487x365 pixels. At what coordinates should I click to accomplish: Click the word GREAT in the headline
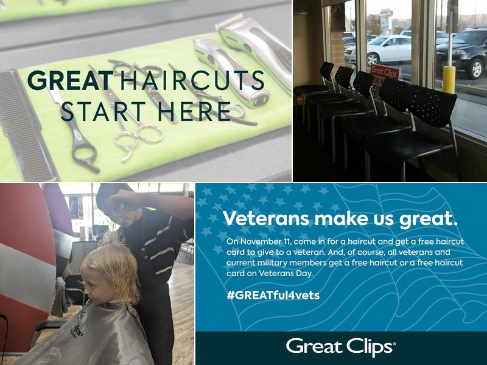coord(70,81)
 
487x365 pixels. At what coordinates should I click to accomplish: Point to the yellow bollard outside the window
coord(449,79)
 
